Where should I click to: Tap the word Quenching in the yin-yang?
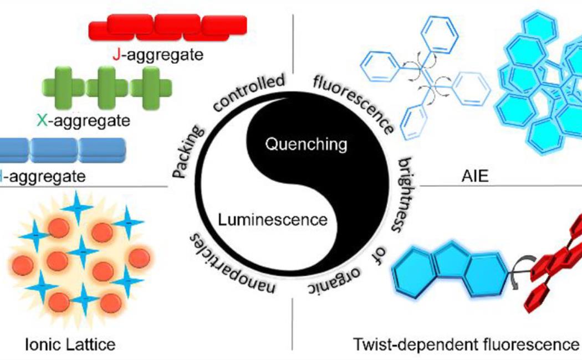point(306,145)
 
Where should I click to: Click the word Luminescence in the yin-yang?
point(272,219)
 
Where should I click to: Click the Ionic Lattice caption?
point(70,344)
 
